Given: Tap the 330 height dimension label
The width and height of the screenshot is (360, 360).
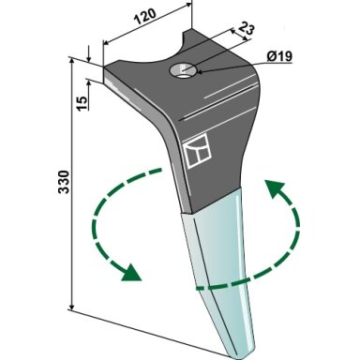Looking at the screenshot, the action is point(65,182).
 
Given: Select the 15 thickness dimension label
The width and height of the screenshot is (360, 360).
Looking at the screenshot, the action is point(82,103).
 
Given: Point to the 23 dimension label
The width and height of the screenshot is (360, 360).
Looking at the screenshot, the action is point(247,29).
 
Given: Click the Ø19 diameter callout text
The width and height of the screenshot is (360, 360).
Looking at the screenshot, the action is point(279,56).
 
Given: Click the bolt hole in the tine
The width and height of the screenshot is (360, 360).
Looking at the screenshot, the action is point(183,70).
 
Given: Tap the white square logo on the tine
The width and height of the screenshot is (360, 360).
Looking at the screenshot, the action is point(198,151).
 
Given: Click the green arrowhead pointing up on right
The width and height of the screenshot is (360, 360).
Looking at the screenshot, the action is point(276,188).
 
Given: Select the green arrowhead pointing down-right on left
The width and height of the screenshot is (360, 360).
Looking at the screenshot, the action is point(131,273).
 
